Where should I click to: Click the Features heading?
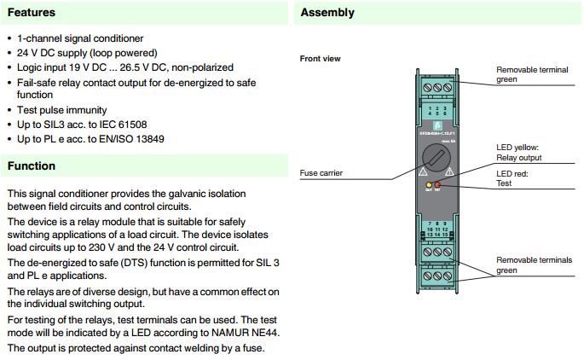(32, 13)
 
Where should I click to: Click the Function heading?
(32, 165)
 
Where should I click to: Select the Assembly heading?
(327, 13)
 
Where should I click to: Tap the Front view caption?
(321, 59)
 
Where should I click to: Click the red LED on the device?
(437, 184)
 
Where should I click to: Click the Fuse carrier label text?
(321, 173)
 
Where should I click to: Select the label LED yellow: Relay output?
(518, 153)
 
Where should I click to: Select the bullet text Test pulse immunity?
(61, 110)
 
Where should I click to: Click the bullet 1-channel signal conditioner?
(80, 38)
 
